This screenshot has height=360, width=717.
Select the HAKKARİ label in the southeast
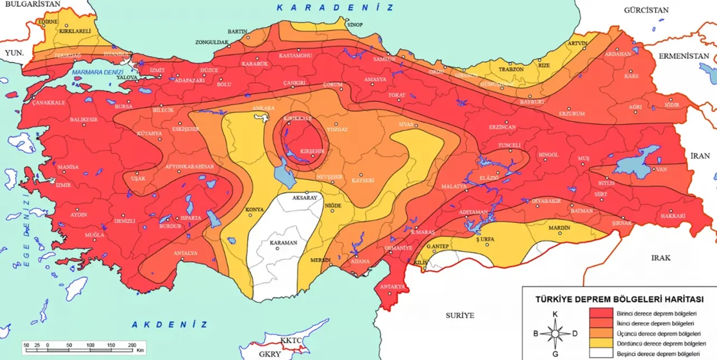[673, 216]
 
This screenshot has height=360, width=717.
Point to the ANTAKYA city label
[392, 287]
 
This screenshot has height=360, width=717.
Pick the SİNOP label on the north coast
[355, 25]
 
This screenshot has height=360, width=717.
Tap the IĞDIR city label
[672, 105]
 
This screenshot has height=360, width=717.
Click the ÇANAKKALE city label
[49, 102]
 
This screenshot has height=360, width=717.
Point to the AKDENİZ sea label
[170, 324]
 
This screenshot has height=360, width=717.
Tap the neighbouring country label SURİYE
[460, 315]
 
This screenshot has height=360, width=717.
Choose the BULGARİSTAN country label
[32, 4]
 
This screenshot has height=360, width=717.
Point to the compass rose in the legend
[555, 334]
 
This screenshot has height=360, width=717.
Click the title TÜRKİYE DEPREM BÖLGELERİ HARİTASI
[620, 300]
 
